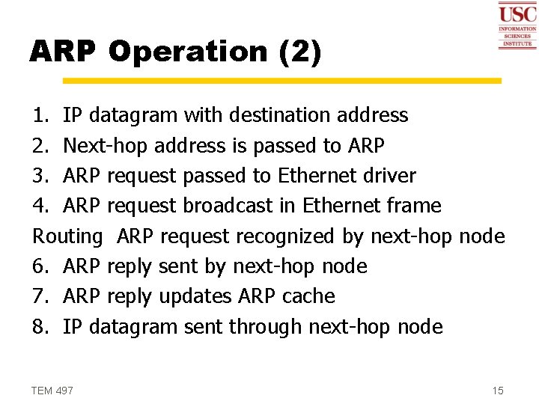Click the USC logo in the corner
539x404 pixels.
[x=517, y=25]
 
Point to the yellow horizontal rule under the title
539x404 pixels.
[x=281, y=80]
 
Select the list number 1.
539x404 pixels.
[x=39, y=115]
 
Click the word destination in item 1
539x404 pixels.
[x=270, y=115]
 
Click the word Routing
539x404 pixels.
[x=67, y=237]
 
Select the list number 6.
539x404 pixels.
[x=39, y=266]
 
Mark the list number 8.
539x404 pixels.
[x=39, y=327]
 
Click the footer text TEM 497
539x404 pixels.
[x=52, y=391]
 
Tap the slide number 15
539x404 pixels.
[x=498, y=391]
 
